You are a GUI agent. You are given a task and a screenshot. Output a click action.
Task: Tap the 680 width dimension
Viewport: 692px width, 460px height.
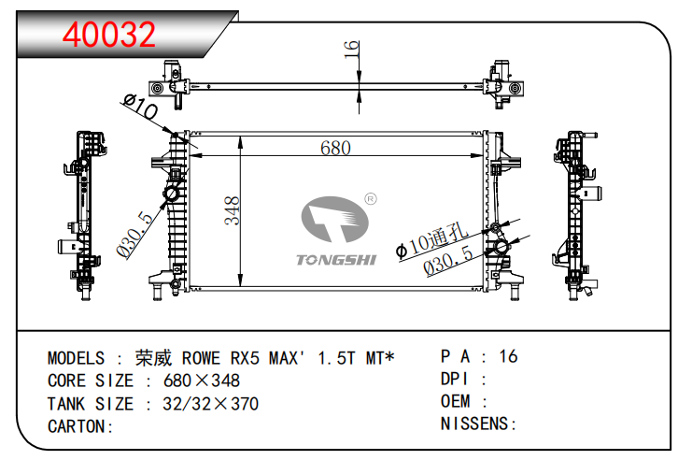pos(335,149)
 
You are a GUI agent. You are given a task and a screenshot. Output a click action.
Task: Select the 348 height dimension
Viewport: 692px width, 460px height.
pos(232,210)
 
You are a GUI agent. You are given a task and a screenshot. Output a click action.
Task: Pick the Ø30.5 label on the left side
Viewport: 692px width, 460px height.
pos(134,235)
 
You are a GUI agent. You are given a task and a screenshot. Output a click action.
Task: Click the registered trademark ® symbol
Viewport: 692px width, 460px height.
pos(370,198)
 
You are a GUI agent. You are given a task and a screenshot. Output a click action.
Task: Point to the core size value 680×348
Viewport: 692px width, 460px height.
pos(201,381)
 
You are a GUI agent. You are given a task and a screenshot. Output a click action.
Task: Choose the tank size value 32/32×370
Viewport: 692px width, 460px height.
pos(210,404)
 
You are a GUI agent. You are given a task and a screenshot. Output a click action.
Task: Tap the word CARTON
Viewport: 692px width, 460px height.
pos(78,426)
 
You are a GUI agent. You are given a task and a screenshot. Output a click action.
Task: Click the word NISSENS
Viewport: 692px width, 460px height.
pos(474,424)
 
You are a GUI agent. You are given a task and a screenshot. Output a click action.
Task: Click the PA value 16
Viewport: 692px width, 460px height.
pos(508,356)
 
